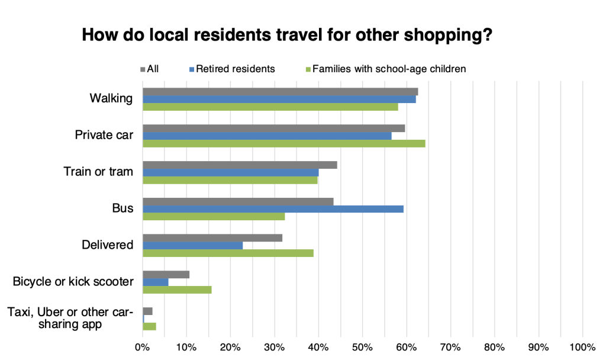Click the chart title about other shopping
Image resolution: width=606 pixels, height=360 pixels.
(x=287, y=35)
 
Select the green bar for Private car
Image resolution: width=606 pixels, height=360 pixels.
(x=284, y=143)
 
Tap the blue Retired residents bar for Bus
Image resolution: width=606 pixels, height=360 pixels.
(x=273, y=209)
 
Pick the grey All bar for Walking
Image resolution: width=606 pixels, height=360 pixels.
(x=281, y=92)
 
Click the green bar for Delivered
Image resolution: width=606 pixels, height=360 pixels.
(x=228, y=253)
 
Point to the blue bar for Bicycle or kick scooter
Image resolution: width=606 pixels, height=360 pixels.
(x=156, y=282)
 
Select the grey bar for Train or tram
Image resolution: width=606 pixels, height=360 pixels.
(x=240, y=165)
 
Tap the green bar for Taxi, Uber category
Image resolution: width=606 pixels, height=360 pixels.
(x=149, y=326)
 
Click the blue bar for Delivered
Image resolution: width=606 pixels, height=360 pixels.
(x=192, y=245)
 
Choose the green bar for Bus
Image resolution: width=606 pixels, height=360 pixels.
(x=214, y=217)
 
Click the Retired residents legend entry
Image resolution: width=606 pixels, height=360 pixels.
(x=232, y=69)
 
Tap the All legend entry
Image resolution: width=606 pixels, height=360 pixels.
(x=150, y=69)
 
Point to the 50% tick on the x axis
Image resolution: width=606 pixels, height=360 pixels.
(x=362, y=346)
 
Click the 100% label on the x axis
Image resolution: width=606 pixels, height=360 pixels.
(x=582, y=346)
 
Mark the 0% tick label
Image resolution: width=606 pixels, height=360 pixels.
(x=143, y=346)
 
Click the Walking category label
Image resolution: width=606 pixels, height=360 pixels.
(x=111, y=98)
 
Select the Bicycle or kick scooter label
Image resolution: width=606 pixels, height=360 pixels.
(x=73, y=281)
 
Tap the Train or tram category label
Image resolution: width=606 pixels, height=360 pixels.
(x=98, y=172)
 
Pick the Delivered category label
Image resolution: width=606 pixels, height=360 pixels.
(x=107, y=245)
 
